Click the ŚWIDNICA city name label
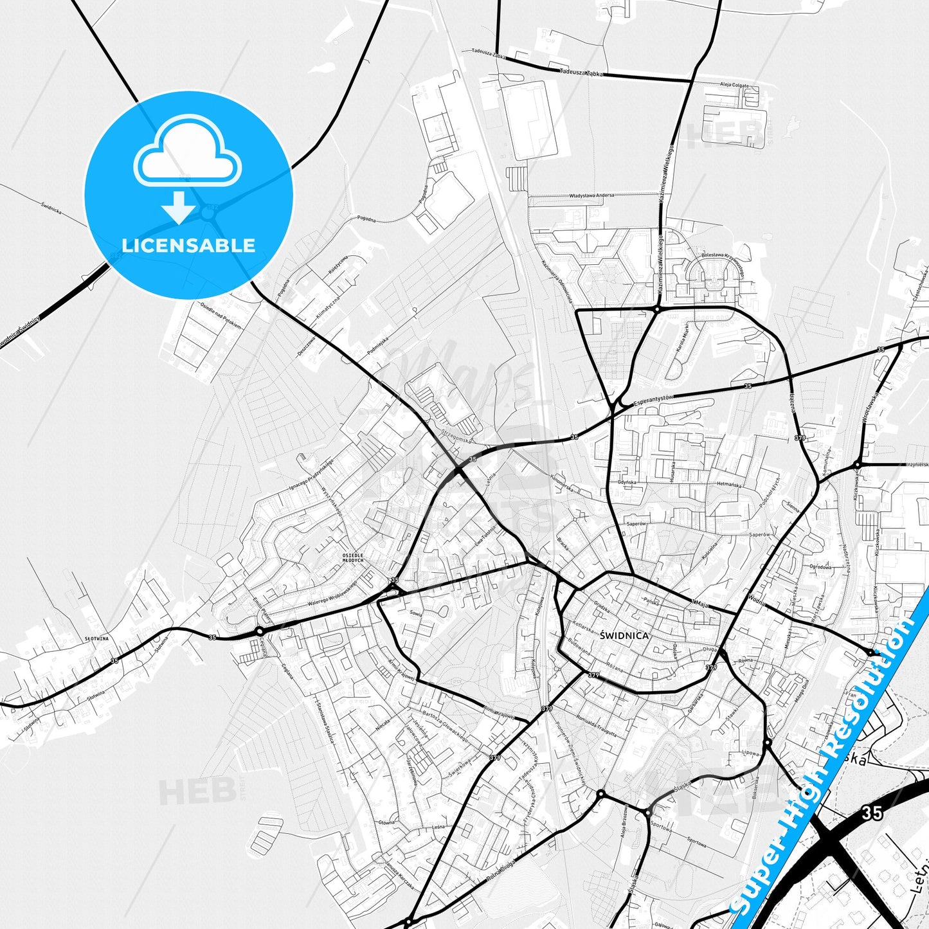(x=624, y=635)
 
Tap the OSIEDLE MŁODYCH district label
(x=353, y=557)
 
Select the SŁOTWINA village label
(x=96, y=638)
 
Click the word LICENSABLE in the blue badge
(x=188, y=245)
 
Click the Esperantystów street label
(x=653, y=400)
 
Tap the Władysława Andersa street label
(x=591, y=195)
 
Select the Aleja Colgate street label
(x=734, y=84)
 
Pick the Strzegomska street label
(x=456, y=436)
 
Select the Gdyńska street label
(x=627, y=482)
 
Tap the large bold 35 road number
(x=872, y=813)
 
